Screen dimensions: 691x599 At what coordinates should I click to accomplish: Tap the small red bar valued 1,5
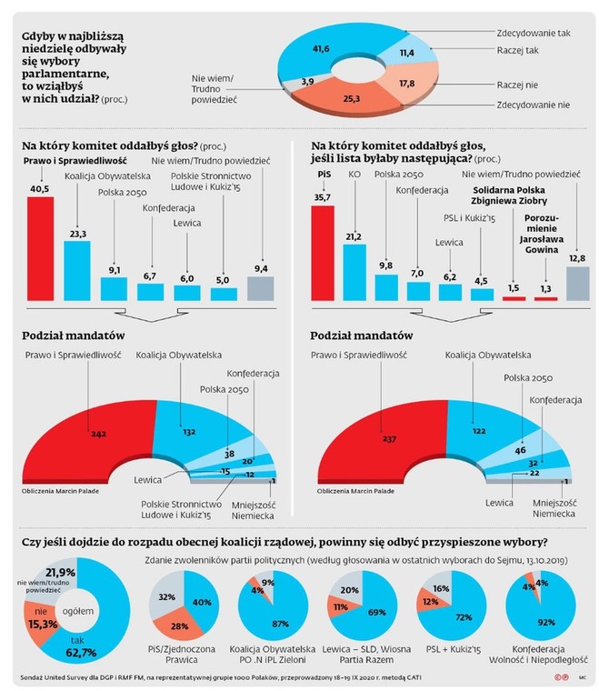click(x=512, y=298)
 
